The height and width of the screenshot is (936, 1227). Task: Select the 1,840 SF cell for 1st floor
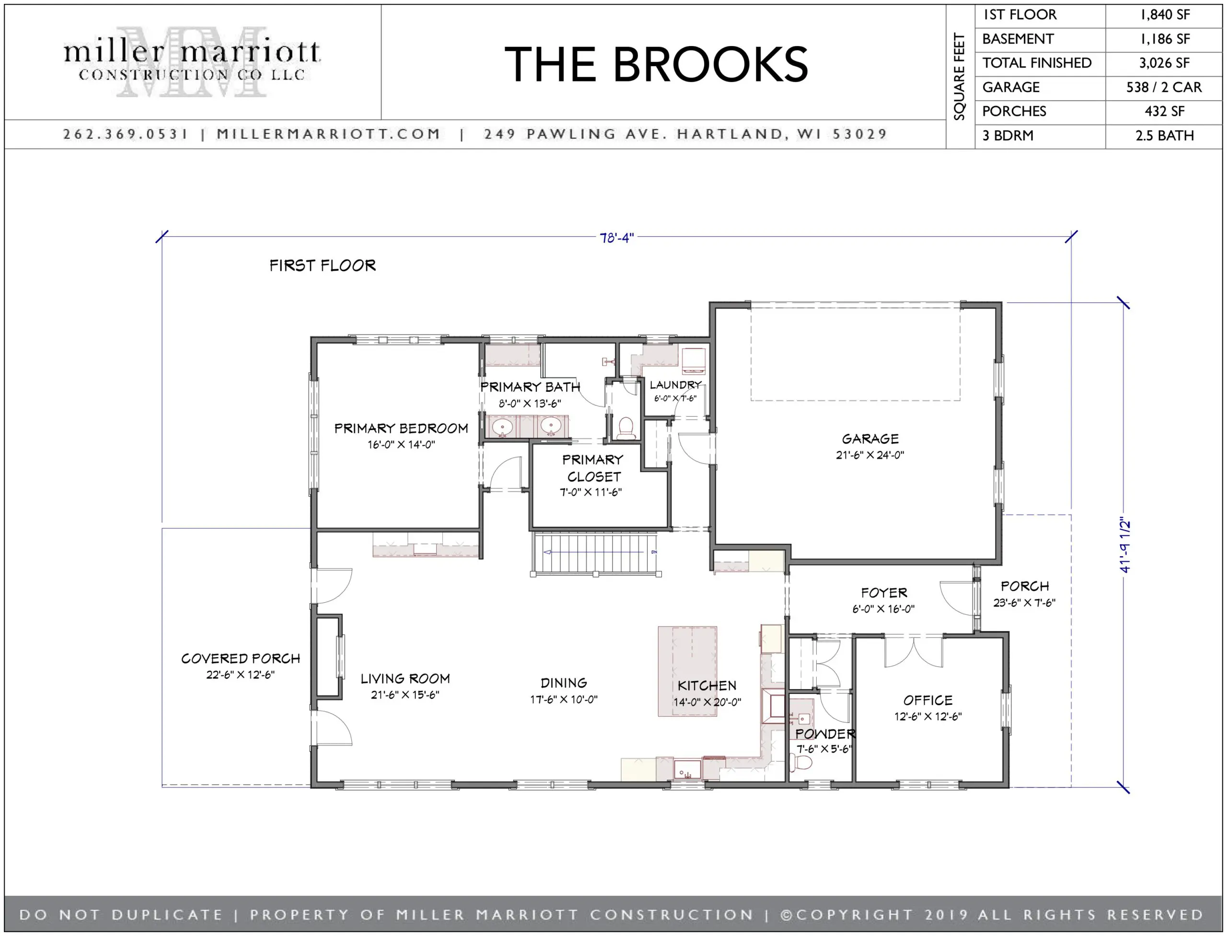pyautogui.click(x=1164, y=15)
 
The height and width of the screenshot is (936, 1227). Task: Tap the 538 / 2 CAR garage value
pyautogui.click(x=1164, y=88)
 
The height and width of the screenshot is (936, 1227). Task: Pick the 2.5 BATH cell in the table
pyautogui.click(x=1164, y=136)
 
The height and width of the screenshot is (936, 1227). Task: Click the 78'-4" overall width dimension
pyautogui.click(x=616, y=238)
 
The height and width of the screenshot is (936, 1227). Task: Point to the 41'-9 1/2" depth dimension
pyautogui.click(x=1124, y=546)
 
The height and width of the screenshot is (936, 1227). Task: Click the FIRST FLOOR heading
pyautogui.click(x=322, y=266)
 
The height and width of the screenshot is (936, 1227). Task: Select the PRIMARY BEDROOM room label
pyautogui.click(x=401, y=428)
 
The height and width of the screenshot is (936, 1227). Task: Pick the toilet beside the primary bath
pyautogui.click(x=626, y=428)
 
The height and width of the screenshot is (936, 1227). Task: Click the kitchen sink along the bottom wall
pyautogui.click(x=687, y=770)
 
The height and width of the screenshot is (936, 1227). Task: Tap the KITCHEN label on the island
pyautogui.click(x=706, y=686)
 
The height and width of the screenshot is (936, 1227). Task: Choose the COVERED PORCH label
pyautogui.click(x=240, y=659)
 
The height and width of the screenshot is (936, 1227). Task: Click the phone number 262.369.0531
pyautogui.click(x=126, y=134)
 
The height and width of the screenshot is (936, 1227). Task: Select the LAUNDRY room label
pyautogui.click(x=675, y=385)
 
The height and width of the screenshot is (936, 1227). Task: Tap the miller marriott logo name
pyautogui.click(x=191, y=53)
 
